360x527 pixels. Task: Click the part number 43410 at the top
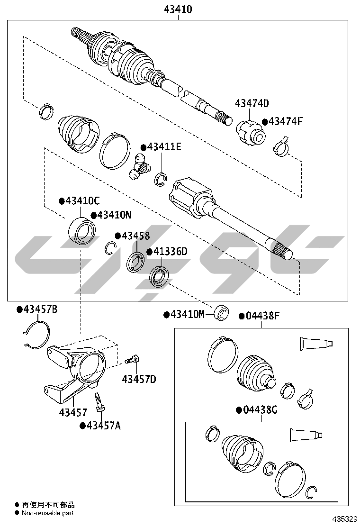pyautogui.click(x=178, y=9)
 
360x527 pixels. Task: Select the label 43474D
pyautogui.click(x=252, y=103)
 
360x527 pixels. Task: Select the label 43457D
pyautogui.click(x=139, y=379)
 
